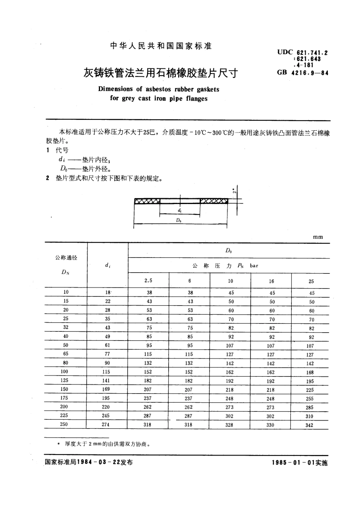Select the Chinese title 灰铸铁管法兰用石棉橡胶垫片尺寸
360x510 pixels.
pos(161,72)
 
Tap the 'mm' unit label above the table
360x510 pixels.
pos(318,237)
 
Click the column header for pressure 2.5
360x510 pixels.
pos(148,281)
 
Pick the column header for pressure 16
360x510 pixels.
pos(271,281)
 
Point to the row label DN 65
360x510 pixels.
pos(66,354)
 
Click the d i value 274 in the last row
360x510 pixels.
pos(105,425)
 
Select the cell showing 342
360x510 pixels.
pos(309,425)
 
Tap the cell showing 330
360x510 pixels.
pos(271,425)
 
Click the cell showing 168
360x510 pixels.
pos(310,372)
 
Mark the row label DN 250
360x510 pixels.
pos(64,424)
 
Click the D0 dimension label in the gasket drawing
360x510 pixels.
pos(179,220)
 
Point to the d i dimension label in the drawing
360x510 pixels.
pos(179,210)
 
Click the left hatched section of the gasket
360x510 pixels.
pos(147,201)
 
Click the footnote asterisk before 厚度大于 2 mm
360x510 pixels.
pos(58,443)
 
